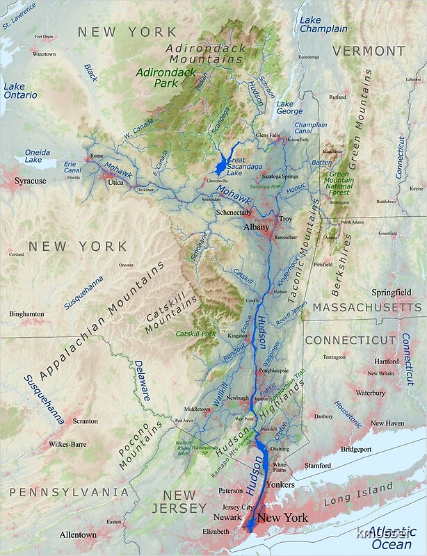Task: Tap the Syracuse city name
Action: tap(31, 181)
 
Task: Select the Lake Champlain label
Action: tap(324, 24)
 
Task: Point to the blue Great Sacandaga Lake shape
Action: tap(222, 165)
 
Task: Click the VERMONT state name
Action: tap(369, 51)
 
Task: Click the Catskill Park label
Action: tap(196, 334)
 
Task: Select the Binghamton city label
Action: tap(26, 314)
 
